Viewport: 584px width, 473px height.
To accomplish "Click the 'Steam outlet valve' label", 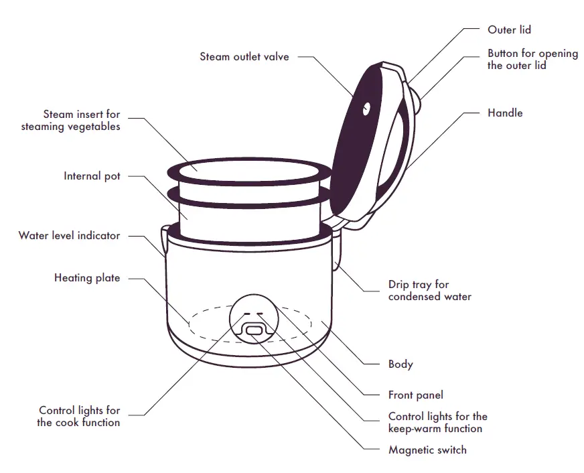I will coord(244,57).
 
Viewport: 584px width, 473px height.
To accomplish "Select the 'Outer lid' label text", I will coord(509,30).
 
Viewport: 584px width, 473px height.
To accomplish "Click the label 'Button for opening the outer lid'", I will coord(532,59).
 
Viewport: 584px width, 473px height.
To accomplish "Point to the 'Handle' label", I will coord(505,113).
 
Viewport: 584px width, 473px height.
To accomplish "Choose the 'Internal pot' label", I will coord(92,176).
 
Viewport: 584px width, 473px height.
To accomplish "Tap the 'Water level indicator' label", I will coord(70,236).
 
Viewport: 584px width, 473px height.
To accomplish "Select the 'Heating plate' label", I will coord(87,277).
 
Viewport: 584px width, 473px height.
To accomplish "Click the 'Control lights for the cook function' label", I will coord(79,416).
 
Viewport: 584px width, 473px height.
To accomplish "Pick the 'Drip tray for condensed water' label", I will coord(429,290).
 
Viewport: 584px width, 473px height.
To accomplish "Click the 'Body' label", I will coord(400,364).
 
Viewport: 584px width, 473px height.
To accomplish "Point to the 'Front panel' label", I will coord(415,395).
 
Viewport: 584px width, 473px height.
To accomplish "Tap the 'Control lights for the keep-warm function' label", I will coord(437,422).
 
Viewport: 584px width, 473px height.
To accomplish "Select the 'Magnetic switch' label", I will coord(427,450).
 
